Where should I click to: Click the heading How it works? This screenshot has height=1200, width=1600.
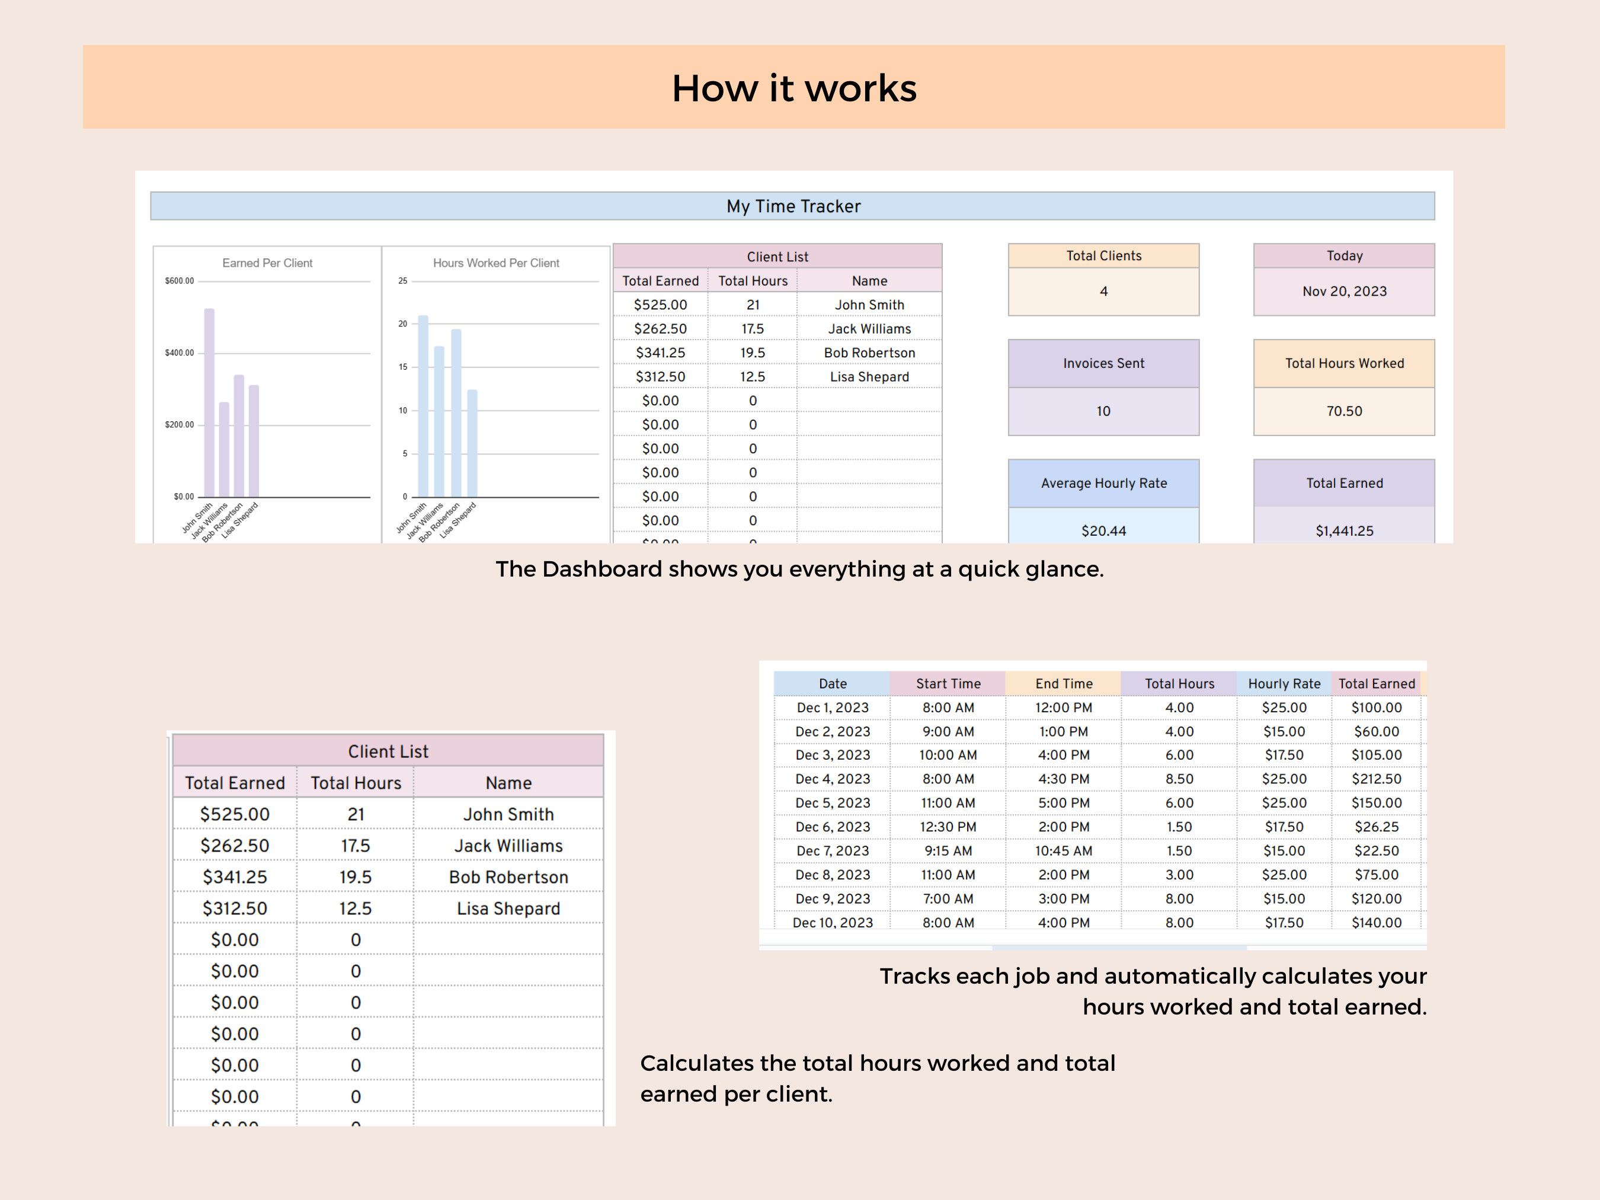(793, 88)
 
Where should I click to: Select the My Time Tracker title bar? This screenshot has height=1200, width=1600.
(793, 206)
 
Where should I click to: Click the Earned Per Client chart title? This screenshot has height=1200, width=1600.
(267, 263)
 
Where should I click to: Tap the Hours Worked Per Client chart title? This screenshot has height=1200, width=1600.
(495, 263)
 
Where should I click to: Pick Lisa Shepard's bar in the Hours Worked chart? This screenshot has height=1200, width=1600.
(472, 443)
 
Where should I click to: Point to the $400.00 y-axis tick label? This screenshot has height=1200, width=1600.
(180, 353)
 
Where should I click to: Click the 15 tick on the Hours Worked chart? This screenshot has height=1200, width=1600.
(403, 367)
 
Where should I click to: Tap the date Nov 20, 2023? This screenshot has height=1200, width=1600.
(1344, 292)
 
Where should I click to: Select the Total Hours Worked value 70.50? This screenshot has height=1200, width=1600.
(1344, 411)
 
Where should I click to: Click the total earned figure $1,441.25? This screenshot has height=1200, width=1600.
(1344, 531)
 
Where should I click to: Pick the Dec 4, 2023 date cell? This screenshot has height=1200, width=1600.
(833, 779)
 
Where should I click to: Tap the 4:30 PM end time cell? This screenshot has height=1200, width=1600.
(1063, 779)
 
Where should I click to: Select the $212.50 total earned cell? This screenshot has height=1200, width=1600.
(1376, 779)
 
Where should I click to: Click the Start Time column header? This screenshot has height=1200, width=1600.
(948, 683)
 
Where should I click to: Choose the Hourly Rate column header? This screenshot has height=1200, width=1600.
(1284, 683)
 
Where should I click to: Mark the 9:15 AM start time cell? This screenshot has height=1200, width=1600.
(948, 850)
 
